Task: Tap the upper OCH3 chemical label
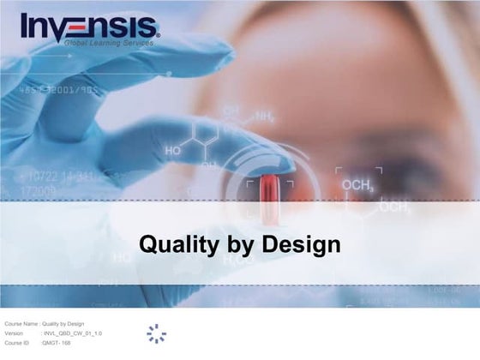pos(357,185)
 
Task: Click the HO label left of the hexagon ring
pos(174,150)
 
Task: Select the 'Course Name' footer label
pos(21,323)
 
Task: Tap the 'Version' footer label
pos(15,333)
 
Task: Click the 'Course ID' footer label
pos(17,342)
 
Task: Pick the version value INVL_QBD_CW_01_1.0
pos(72,333)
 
